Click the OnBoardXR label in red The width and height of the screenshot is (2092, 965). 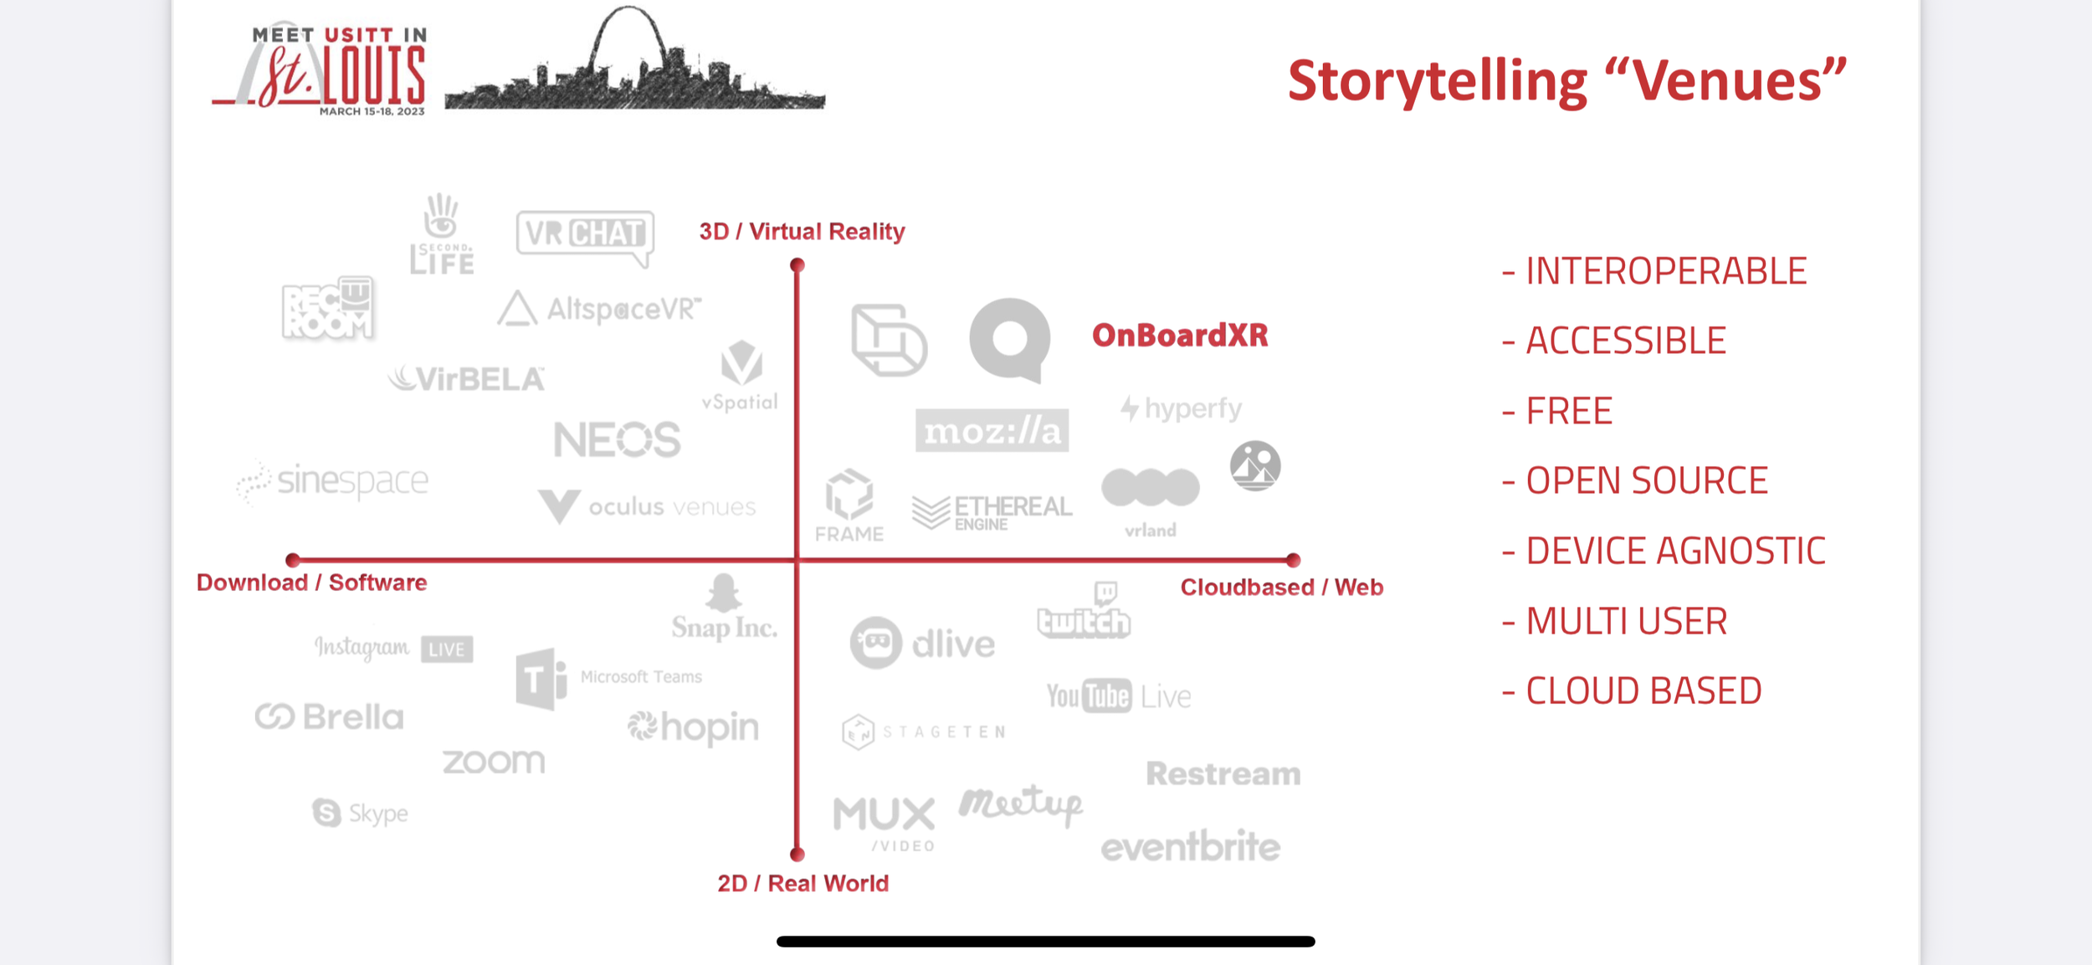pos(1180,336)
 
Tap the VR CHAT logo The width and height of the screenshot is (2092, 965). pos(585,234)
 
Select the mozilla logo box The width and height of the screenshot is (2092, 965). pos(992,431)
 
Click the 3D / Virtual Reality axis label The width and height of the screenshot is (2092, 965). pos(802,231)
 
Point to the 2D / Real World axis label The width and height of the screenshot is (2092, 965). pos(802,883)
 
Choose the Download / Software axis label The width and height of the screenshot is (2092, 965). pos(311,583)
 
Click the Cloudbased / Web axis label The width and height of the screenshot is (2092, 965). pos(1281,587)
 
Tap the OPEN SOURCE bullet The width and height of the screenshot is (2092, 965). pos(1646,480)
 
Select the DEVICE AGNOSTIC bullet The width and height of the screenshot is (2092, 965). pos(1674,551)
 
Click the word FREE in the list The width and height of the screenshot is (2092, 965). pos(1569,411)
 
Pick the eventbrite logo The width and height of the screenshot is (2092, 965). pos(1190,846)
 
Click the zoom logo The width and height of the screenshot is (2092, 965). pos(494,762)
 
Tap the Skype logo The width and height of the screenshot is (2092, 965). pos(361,813)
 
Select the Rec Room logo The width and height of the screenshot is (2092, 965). pos(328,308)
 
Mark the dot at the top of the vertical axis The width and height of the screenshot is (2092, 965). pos(797,265)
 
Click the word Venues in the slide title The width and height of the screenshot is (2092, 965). pos(1738,81)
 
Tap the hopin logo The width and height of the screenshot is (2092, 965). pos(694,727)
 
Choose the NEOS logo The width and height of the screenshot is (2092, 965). pos(618,439)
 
